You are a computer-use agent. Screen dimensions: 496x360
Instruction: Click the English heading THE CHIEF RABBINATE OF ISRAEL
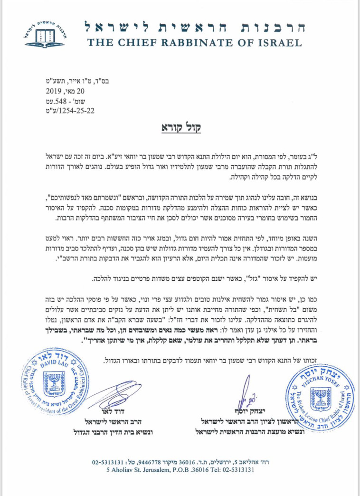click(194, 43)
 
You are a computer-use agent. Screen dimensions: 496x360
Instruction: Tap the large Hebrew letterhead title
click(194, 27)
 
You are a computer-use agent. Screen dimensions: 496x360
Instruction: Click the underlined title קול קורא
click(180, 129)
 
